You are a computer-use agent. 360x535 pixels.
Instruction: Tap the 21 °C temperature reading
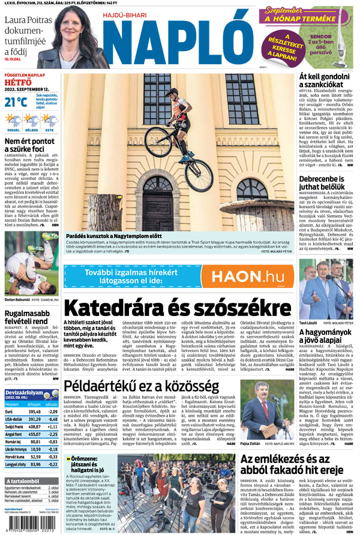[x=15, y=102]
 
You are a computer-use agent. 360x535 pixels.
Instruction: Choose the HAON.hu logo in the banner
[x=247, y=276]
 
